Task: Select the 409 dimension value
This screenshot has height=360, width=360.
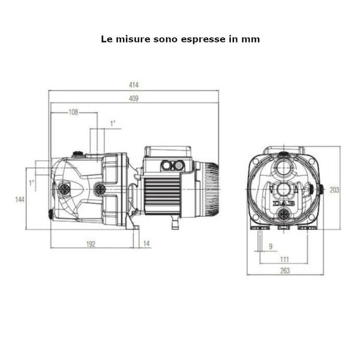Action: click(x=134, y=99)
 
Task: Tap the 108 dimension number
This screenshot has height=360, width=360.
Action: click(x=74, y=112)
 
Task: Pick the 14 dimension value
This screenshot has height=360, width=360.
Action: click(x=147, y=244)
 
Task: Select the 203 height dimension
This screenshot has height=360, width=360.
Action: click(x=334, y=190)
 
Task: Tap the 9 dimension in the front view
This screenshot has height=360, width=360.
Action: click(x=270, y=246)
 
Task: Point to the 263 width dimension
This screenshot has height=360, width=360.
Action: click(x=285, y=271)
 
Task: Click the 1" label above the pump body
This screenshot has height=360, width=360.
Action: click(x=113, y=123)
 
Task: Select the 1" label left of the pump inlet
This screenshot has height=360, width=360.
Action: click(x=32, y=182)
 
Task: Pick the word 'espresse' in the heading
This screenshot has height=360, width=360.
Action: click(x=202, y=38)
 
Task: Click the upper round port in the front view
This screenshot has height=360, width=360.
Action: click(x=285, y=164)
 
